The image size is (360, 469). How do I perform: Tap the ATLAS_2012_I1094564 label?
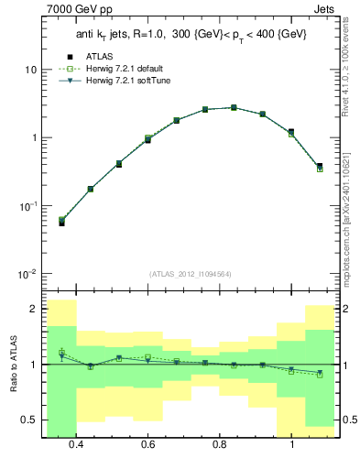(190, 273)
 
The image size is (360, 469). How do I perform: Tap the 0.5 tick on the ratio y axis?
(31, 420)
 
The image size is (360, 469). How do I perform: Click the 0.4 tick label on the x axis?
(76, 444)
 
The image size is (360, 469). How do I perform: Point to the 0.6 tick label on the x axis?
(148, 444)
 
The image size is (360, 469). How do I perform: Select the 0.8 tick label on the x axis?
(220, 444)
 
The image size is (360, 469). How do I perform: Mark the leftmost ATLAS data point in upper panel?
(61, 223)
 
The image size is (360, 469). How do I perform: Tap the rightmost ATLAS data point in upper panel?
(320, 166)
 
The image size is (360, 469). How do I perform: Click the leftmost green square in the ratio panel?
(61, 352)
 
